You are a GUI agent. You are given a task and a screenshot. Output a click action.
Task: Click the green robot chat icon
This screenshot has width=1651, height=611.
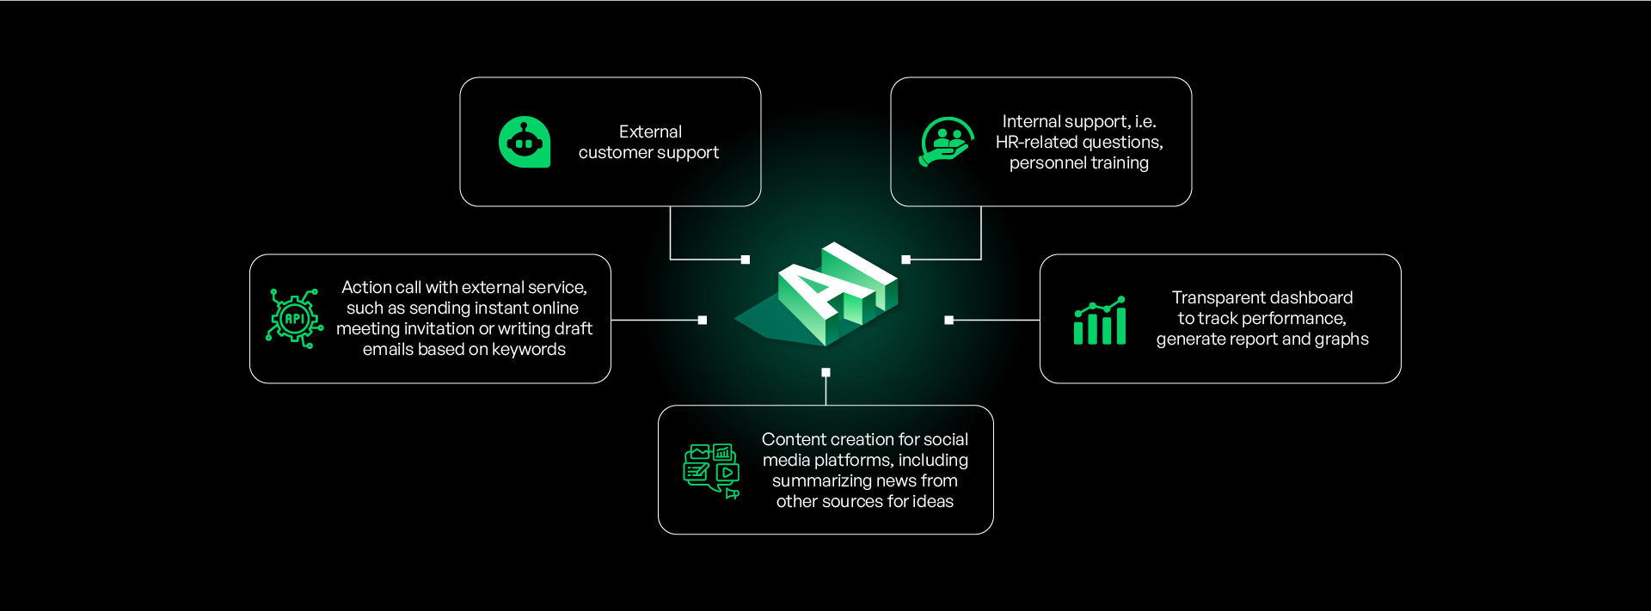pos(525,142)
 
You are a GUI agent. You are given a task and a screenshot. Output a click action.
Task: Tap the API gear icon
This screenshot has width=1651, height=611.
pos(295,319)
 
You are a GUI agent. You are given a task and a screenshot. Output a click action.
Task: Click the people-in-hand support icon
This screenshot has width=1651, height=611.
pos(947,142)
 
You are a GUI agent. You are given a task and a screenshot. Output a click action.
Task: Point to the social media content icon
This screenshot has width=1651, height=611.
pos(711,471)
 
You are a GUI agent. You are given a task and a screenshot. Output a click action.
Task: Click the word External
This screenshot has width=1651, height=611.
pos(650,131)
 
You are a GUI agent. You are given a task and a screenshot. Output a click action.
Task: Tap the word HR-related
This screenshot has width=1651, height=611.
pos(1041,142)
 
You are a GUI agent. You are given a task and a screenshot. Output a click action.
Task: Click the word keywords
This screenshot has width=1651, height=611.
pos(529,349)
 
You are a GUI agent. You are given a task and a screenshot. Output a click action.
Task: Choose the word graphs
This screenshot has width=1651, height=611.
pos(1341,339)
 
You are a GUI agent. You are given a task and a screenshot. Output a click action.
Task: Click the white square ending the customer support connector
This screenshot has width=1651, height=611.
pos(746,260)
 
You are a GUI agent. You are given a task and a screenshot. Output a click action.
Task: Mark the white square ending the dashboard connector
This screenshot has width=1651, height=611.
pos(949,321)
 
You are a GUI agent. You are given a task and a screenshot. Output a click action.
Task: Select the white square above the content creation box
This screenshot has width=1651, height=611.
pos(825,372)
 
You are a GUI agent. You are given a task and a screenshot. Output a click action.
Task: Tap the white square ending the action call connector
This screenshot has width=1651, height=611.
pos(703,321)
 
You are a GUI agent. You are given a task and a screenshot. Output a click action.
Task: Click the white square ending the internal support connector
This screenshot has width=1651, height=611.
pos(906,260)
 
